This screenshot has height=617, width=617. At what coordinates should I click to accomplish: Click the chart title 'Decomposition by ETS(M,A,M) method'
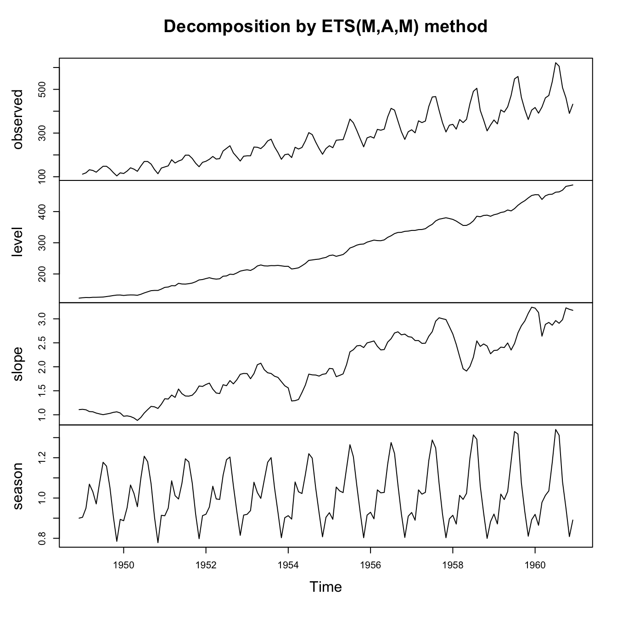pyautogui.click(x=325, y=27)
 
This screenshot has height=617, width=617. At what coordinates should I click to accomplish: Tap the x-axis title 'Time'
pyautogui.click(x=325, y=587)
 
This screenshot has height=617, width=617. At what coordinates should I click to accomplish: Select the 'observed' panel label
pyautogui.click(x=18, y=119)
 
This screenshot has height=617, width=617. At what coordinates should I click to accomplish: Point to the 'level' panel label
pyautogui.click(x=18, y=242)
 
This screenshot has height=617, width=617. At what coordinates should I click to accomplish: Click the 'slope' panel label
pyautogui.click(x=18, y=365)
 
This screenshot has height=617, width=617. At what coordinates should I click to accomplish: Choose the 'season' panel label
pyautogui.click(x=18, y=487)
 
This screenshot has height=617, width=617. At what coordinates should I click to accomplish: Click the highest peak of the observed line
pyautogui.click(x=555, y=63)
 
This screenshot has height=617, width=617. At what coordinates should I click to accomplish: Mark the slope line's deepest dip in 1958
pyautogui.click(x=466, y=371)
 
